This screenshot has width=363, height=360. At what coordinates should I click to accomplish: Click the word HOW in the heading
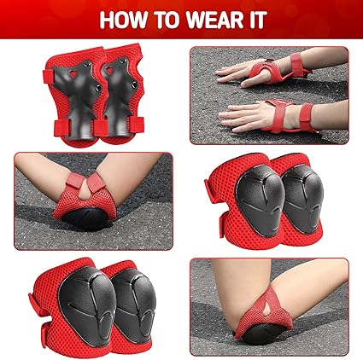point(124,20)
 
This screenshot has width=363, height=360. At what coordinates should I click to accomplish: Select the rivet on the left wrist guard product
point(99,88)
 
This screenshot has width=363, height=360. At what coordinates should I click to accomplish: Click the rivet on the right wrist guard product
point(134,84)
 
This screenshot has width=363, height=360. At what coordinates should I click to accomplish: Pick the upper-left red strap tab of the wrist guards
point(49,76)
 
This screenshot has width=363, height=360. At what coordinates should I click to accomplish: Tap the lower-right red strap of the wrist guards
point(138,125)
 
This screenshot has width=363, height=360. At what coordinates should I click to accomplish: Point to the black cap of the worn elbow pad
point(88,218)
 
